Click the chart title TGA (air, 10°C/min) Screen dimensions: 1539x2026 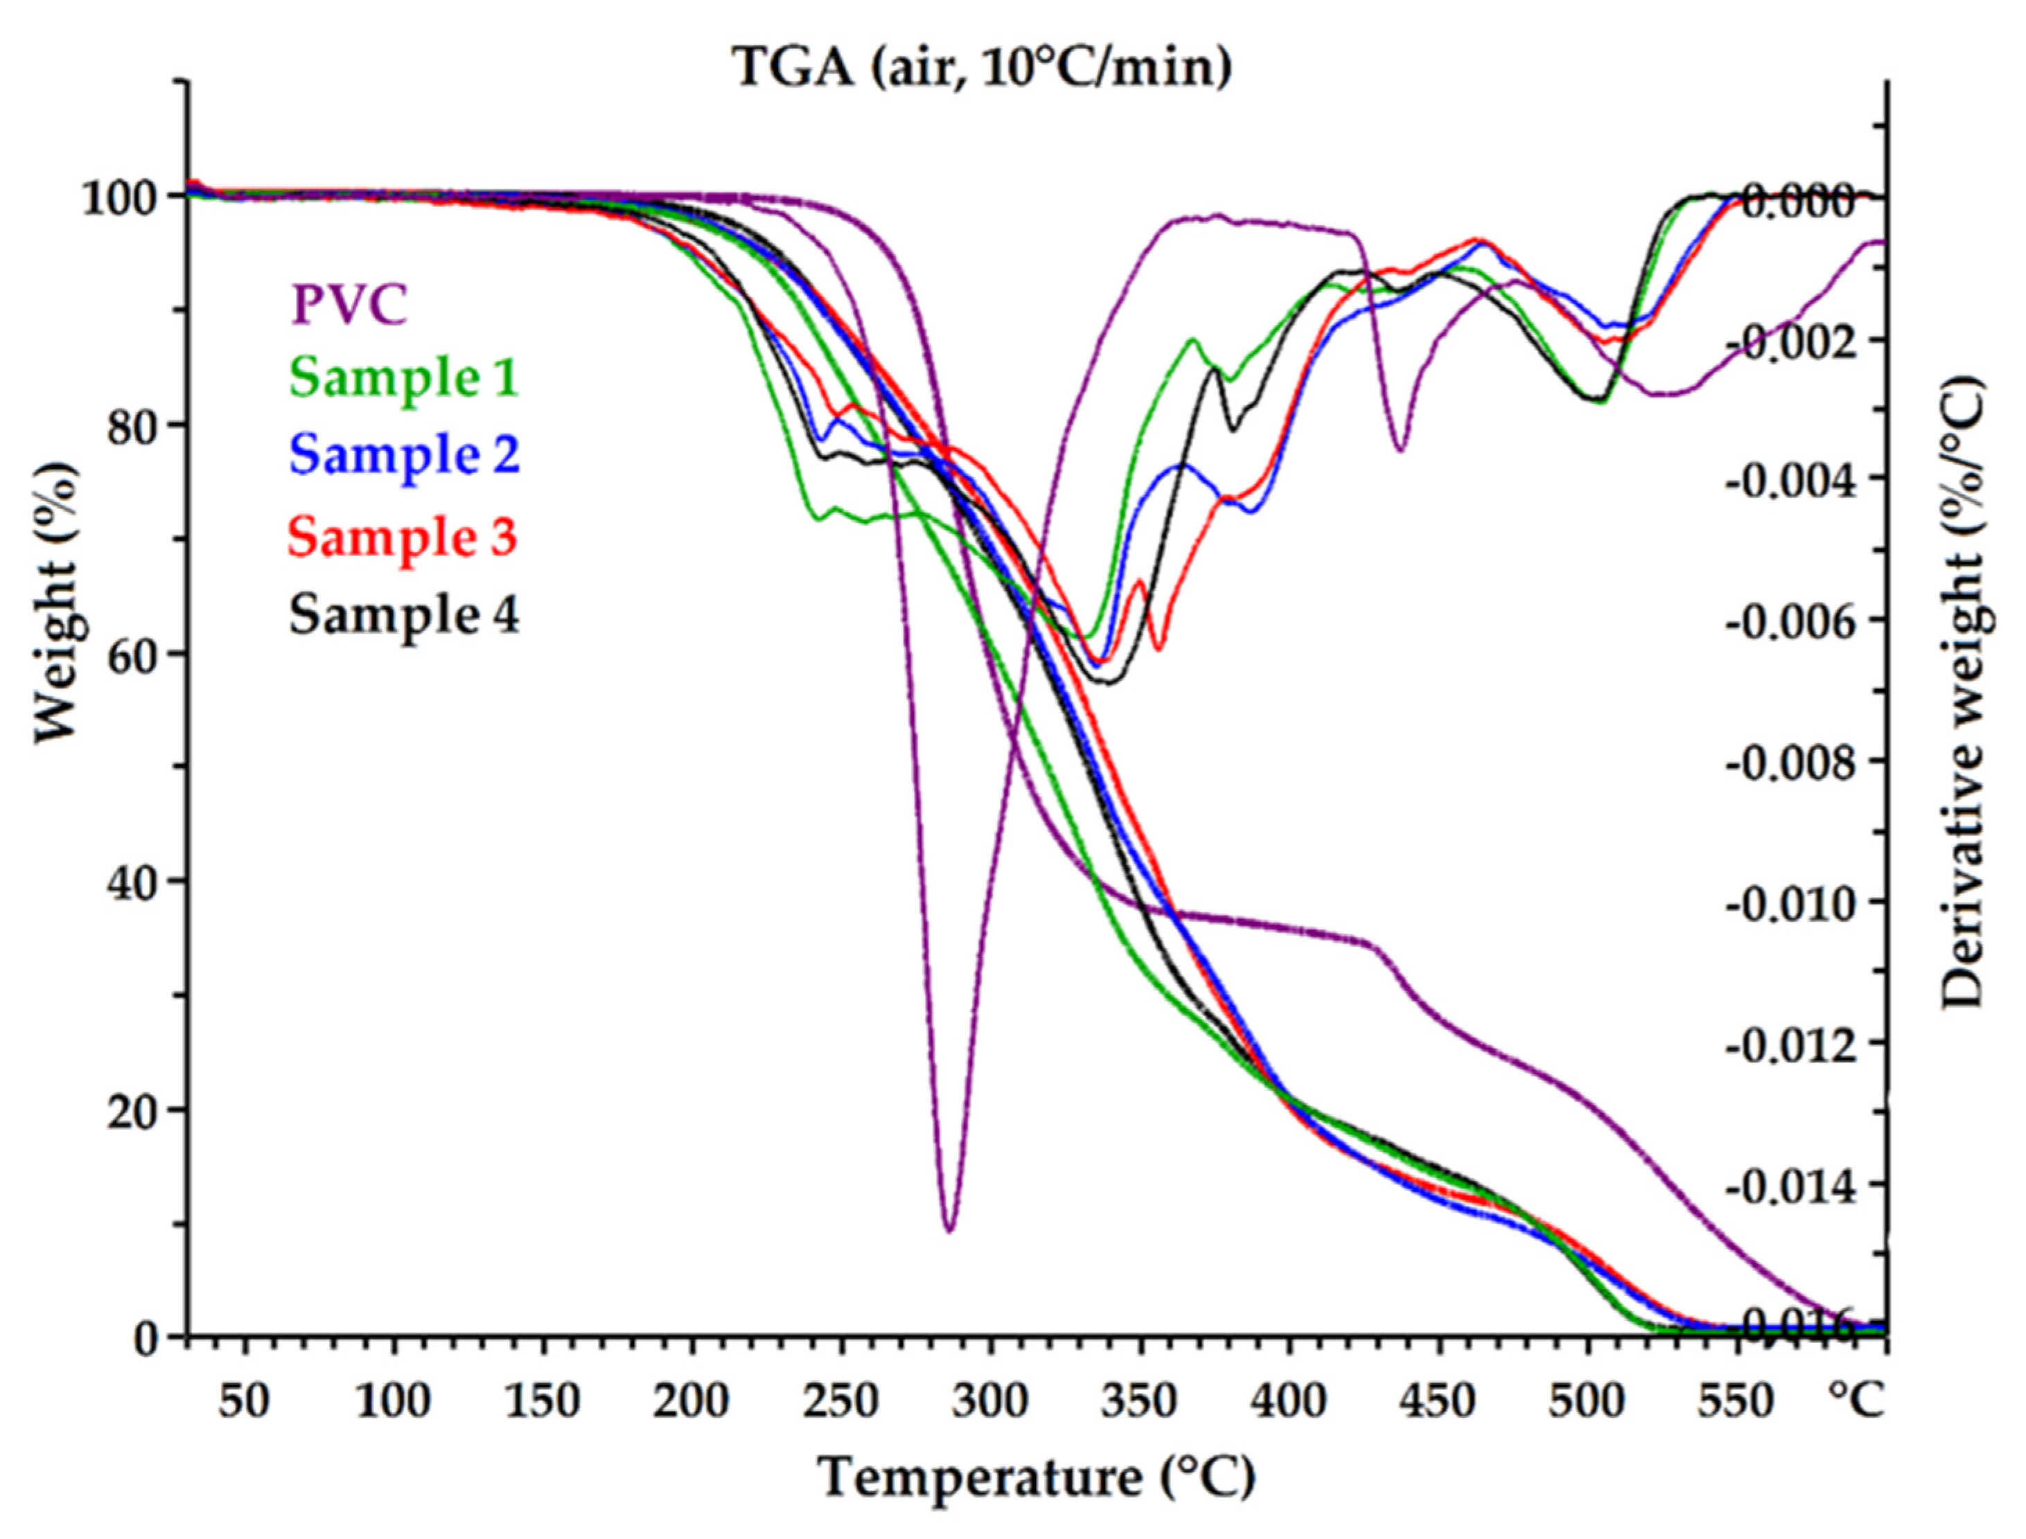click(983, 68)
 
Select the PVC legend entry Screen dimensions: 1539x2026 click(349, 304)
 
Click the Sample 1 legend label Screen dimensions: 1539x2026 click(404, 377)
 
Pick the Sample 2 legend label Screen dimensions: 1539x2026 click(404, 454)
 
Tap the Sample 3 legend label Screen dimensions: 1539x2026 click(403, 536)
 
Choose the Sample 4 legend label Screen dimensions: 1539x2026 click(404, 614)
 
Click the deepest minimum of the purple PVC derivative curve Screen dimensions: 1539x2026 click(949, 1229)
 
